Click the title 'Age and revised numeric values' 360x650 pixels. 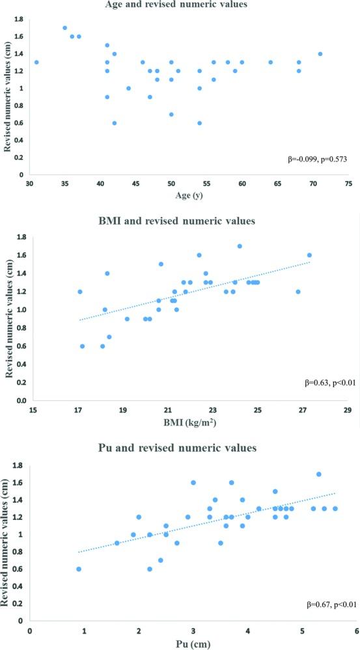[180, 5]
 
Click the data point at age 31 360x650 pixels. [36, 62]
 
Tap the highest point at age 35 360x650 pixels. [64, 28]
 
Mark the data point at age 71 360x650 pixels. [320, 54]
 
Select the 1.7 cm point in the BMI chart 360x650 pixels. [240, 247]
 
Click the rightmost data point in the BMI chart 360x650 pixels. [309, 256]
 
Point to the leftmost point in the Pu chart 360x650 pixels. [79, 569]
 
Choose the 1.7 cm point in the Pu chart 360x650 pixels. [318, 474]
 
